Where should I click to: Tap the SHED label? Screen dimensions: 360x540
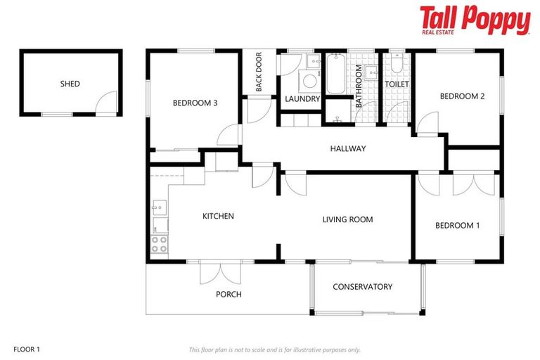coord(70,84)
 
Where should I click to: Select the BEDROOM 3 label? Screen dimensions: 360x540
coord(195,103)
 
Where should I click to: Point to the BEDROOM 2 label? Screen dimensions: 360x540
coord(462,96)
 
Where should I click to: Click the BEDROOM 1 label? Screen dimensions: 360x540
coord(457,225)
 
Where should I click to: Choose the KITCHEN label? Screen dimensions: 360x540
coord(218,216)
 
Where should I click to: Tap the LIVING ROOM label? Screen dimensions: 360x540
coord(347,219)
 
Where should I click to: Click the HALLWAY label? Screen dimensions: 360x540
coord(347,148)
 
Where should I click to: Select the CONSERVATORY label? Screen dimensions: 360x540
coord(362,286)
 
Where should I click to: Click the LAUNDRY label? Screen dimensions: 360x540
coord(302,99)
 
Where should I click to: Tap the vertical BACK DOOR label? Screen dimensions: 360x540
coord(259,72)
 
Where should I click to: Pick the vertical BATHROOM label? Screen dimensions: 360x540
coord(358,86)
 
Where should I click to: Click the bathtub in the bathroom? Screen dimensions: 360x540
coord(335,75)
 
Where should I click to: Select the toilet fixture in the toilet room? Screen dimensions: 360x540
coord(397,65)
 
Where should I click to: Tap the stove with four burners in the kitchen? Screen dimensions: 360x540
coord(160,245)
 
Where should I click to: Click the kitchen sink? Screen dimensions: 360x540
coord(159,207)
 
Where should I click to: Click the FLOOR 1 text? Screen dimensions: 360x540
coord(27,349)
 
